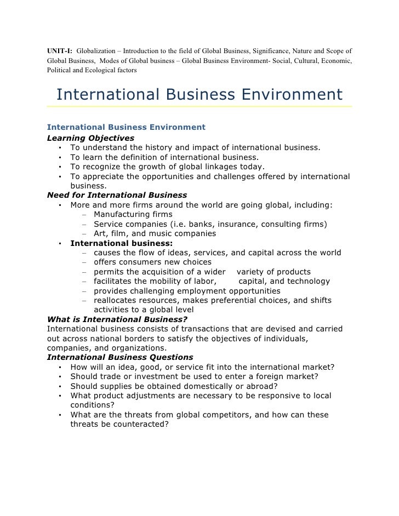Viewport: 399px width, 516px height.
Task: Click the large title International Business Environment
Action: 199,94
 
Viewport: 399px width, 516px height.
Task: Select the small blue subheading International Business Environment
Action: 126,128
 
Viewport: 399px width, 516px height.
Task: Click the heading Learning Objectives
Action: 90,137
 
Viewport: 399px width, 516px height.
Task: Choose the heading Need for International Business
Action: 117,195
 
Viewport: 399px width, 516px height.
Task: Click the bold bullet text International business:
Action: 122,243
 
